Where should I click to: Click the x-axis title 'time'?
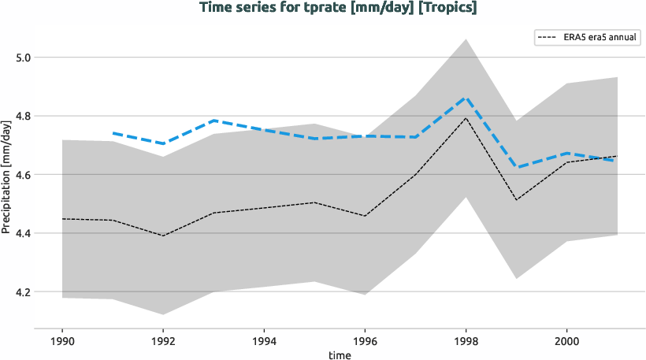(x=340, y=355)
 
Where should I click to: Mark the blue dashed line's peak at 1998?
(x=466, y=98)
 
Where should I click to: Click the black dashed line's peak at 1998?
(x=466, y=118)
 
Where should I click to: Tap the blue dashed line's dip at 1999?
(x=517, y=168)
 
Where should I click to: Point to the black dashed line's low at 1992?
(x=163, y=236)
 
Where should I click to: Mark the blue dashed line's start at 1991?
(x=113, y=133)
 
